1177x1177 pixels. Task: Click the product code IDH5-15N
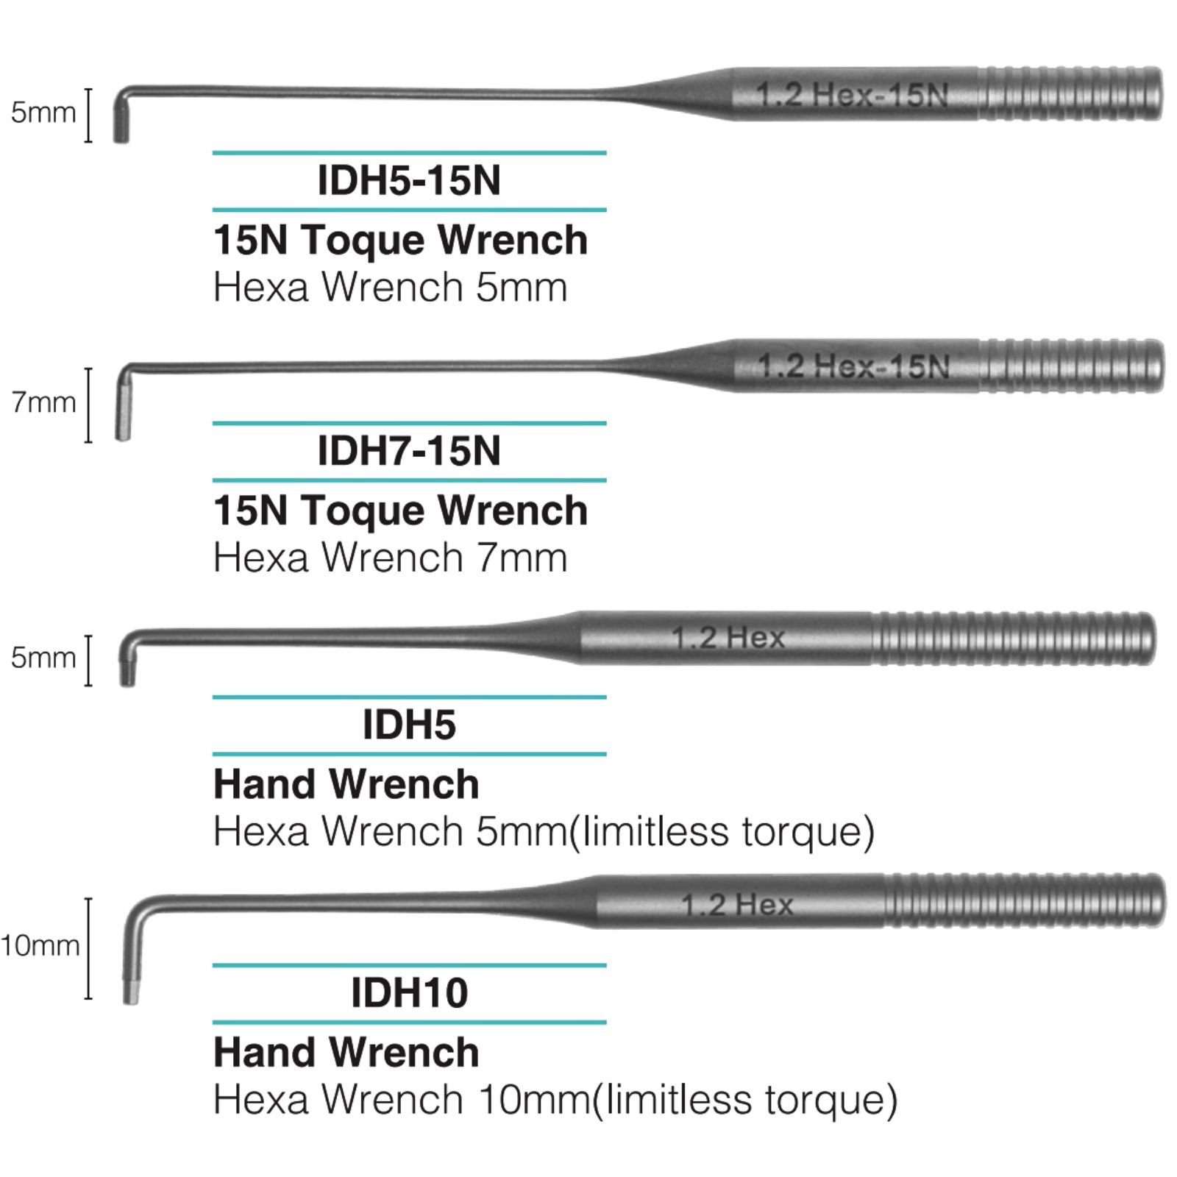coord(409,180)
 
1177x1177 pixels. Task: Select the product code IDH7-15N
coord(409,451)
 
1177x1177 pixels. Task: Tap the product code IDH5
coord(409,725)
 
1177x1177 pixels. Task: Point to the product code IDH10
coord(409,993)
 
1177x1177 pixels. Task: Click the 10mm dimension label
coord(40,945)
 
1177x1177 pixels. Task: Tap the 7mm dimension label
coord(43,402)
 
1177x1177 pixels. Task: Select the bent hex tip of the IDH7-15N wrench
coord(123,405)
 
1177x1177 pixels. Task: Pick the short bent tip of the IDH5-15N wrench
coord(121,118)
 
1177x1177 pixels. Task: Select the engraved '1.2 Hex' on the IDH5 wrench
coord(728,637)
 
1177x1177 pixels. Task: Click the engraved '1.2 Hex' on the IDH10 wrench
coord(737,904)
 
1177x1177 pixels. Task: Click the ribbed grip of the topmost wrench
coord(1070,94)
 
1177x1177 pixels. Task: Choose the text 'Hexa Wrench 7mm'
coord(390,558)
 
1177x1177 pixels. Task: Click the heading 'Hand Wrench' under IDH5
coord(346,784)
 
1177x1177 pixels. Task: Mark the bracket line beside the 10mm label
coord(88,949)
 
